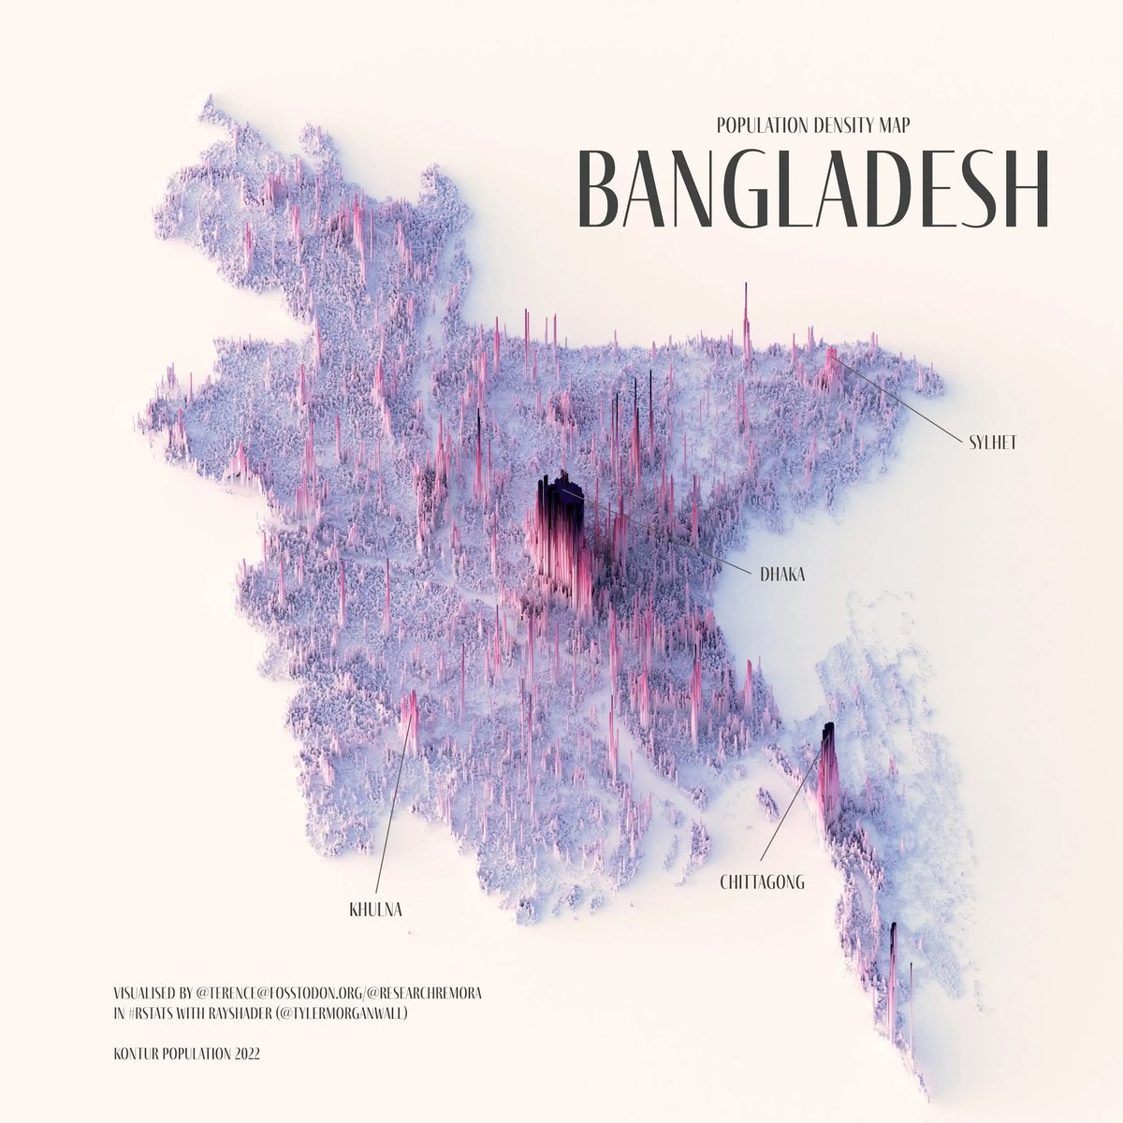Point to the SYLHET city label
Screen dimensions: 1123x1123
(x=992, y=442)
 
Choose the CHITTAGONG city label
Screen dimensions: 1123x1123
(x=763, y=882)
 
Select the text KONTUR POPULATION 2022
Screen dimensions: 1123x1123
(x=185, y=1054)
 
